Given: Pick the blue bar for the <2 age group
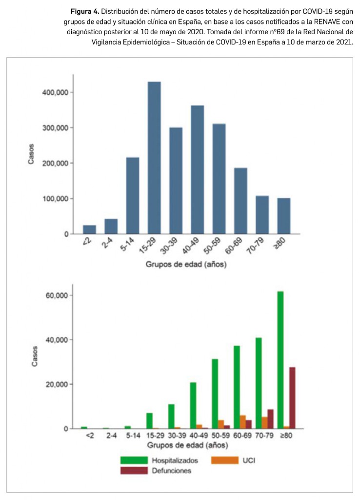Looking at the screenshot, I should coord(89,229).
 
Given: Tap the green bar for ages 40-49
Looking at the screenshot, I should coord(193,405).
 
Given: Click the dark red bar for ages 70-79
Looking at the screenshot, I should coord(271,419).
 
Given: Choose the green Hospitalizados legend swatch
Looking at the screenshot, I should coord(134,460).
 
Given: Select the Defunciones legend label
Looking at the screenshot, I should coord(172,471).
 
